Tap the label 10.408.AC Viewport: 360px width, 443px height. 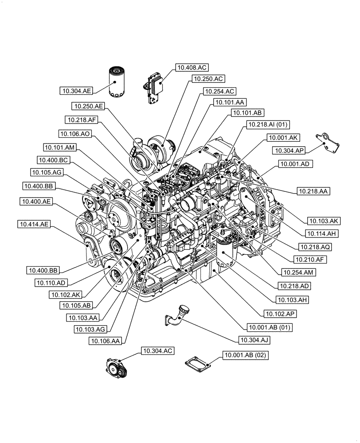[x=192, y=67]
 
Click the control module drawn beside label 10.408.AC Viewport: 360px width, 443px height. [x=154, y=88]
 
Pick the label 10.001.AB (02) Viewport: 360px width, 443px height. [x=246, y=355]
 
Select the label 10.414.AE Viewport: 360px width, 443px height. [x=34, y=225]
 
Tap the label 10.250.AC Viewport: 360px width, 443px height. [x=208, y=79]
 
